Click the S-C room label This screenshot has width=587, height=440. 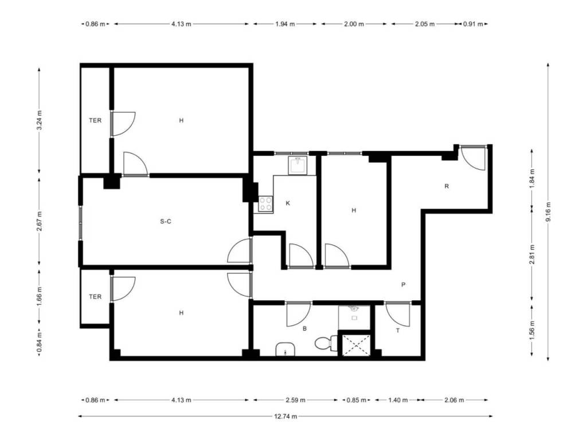pos(166,222)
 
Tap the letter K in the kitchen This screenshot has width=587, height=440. pos(288,203)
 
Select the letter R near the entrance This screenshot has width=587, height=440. pos(447,186)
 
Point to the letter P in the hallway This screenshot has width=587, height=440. pos(403,285)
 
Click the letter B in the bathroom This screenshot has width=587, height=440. pos(305,329)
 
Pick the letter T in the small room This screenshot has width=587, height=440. pos(398,331)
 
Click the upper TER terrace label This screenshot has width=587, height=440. pos(95,120)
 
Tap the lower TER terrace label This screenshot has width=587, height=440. pos(95,297)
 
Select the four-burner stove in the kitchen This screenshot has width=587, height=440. pos(266,205)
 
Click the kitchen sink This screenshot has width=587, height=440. pos(298,166)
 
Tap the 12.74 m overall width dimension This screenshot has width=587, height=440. pos(285,416)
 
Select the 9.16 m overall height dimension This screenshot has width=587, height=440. pos(548,212)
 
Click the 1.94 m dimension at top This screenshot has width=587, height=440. pos(285,24)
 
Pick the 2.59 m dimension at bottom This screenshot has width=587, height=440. pos(296,400)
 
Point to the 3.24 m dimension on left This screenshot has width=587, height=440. pos(40,120)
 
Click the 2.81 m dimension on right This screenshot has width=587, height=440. pos(533,254)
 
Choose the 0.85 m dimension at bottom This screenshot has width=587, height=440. pos(356,400)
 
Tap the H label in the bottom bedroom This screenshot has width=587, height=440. pos(181,313)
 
